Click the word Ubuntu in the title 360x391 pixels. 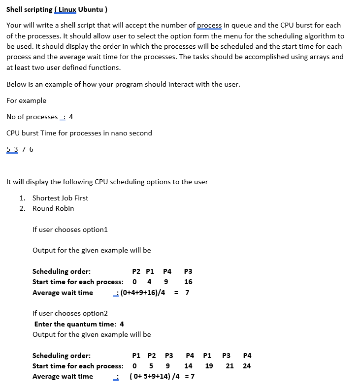pos(90,10)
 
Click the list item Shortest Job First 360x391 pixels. pos(60,198)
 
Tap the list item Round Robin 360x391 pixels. pos(53,208)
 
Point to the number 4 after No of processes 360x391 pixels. pos(71,117)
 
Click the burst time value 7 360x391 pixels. pos(24,149)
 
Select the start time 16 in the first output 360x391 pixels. pos(188,282)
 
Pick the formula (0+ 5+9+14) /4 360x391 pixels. pos(154,376)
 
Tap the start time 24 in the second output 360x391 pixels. pos(247,366)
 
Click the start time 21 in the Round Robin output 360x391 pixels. pos(229,366)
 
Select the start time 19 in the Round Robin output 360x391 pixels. pos(209,366)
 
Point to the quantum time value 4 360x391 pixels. pos(122,324)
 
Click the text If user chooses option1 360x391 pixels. pos(70,229)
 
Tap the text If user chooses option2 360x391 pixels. pos(70,313)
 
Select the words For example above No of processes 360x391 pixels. pos(26,100)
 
